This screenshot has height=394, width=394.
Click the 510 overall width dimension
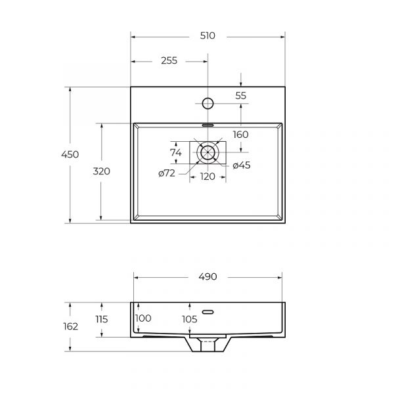click(x=208, y=36)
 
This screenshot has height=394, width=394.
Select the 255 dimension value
click(x=169, y=60)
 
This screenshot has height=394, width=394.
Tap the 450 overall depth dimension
click(x=70, y=154)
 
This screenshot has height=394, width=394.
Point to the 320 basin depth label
click(x=102, y=171)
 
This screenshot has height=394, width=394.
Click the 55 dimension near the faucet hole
click(x=241, y=96)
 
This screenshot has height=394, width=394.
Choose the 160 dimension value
click(x=241, y=135)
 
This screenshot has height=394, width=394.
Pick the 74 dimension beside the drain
click(x=175, y=152)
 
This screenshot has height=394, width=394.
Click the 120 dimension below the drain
click(x=208, y=177)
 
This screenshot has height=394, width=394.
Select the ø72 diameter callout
click(x=167, y=173)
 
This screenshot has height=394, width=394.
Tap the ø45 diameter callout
click(x=242, y=165)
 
